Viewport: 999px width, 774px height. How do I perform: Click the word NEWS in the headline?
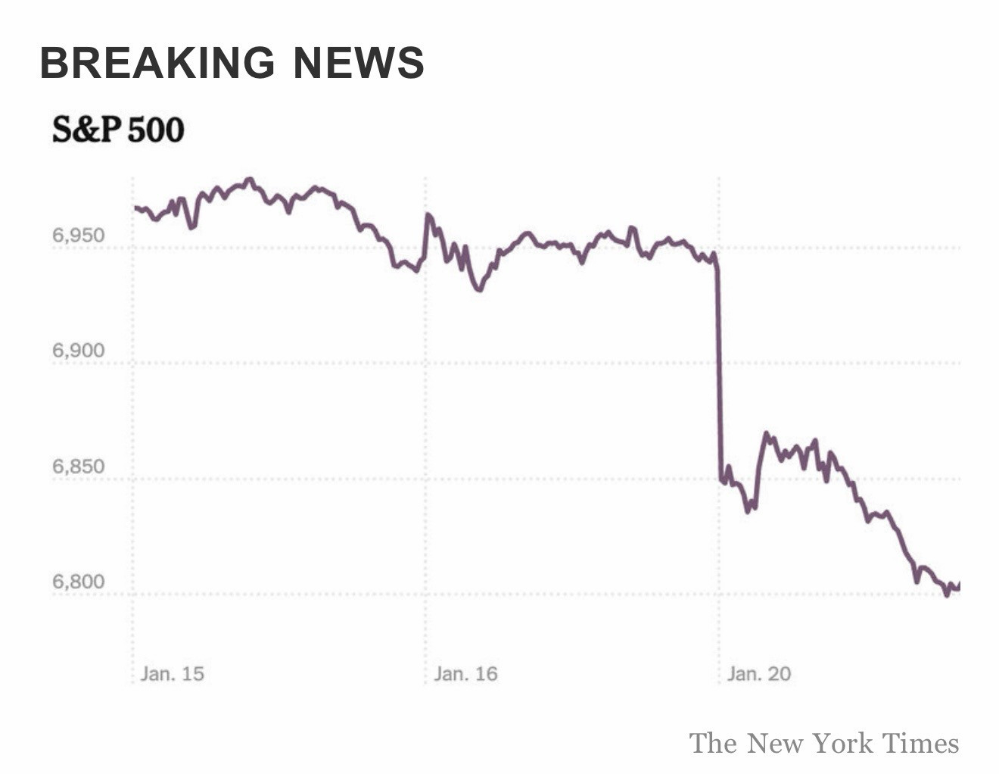click(359, 62)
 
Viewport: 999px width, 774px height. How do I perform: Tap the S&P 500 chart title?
click(118, 130)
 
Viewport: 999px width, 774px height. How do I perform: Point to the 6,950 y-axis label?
click(78, 236)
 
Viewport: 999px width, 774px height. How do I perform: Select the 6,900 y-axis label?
click(78, 351)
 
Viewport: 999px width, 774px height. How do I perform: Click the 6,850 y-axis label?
click(78, 467)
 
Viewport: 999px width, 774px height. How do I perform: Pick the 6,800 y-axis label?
click(78, 582)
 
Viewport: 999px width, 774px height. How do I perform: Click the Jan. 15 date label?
click(172, 673)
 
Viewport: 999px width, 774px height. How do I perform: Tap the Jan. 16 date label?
click(465, 673)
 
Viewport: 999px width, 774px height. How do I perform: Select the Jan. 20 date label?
click(758, 673)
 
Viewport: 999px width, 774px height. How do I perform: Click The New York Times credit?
click(823, 743)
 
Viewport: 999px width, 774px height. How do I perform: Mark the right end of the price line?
click(959, 585)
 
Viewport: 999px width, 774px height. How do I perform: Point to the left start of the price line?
click(135, 207)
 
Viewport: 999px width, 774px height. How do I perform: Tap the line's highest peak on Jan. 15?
click(250, 179)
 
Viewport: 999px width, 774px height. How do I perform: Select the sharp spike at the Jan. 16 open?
click(428, 215)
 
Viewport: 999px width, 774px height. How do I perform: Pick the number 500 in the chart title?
click(155, 130)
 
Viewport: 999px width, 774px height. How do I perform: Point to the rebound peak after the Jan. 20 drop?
click(767, 434)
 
